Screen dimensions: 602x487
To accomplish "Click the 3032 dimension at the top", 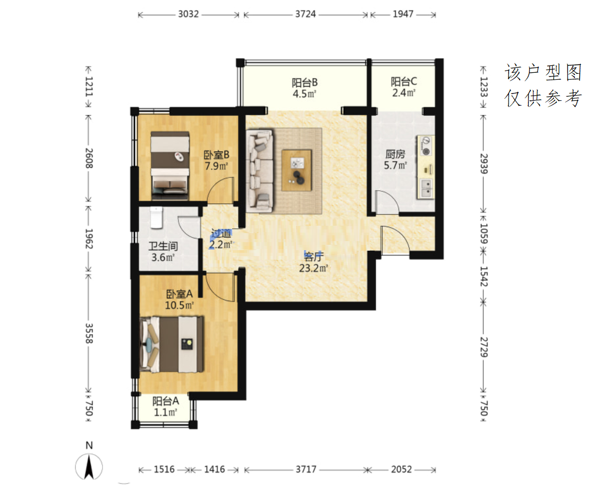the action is pyautogui.click(x=189, y=14).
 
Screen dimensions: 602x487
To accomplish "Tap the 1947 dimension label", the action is pyautogui.click(x=403, y=14).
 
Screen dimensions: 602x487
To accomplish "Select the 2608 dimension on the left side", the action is pyautogui.click(x=89, y=158).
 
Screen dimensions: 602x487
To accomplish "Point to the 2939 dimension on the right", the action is pyautogui.click(x=484, y=164).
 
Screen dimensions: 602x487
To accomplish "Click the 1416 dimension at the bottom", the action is pyautogui.click(x=214, y=469).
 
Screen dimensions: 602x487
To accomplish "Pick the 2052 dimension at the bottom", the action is pyautogui.click(x=401, y=469).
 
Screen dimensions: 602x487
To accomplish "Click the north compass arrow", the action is pyautogui.click(x=89, y=466).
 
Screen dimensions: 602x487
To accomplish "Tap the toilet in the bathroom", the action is pyautogui.click(x=157, y=218).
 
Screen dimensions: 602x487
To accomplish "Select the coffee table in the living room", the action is pyautogui.click(x=296, y=170).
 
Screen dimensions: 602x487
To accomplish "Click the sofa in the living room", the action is pyautogui.click(x=260, y=170).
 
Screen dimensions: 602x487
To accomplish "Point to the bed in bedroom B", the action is pyautogui.click(x=170, y=165).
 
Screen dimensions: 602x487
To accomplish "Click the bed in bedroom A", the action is pyautogui.click(x=172, y=344).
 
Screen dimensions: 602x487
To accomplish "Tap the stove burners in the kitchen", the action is pyautogui.click(x=426, y=146).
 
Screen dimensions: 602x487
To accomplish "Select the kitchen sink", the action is pyautogui.click(x=426, y=188).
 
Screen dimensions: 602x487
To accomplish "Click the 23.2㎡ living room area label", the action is pyautogui.click(x=313, y=268).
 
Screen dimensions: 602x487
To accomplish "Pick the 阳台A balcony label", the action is pyautogui.click(x=165, y=401).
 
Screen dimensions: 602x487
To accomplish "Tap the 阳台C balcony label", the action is pyautogui.click(x=403, y=81).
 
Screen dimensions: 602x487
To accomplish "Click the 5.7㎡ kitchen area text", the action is pyautogui.click(x=395, y=165).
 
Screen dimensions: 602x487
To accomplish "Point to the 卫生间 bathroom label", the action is pyautogui.click(x=163, y=246).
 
